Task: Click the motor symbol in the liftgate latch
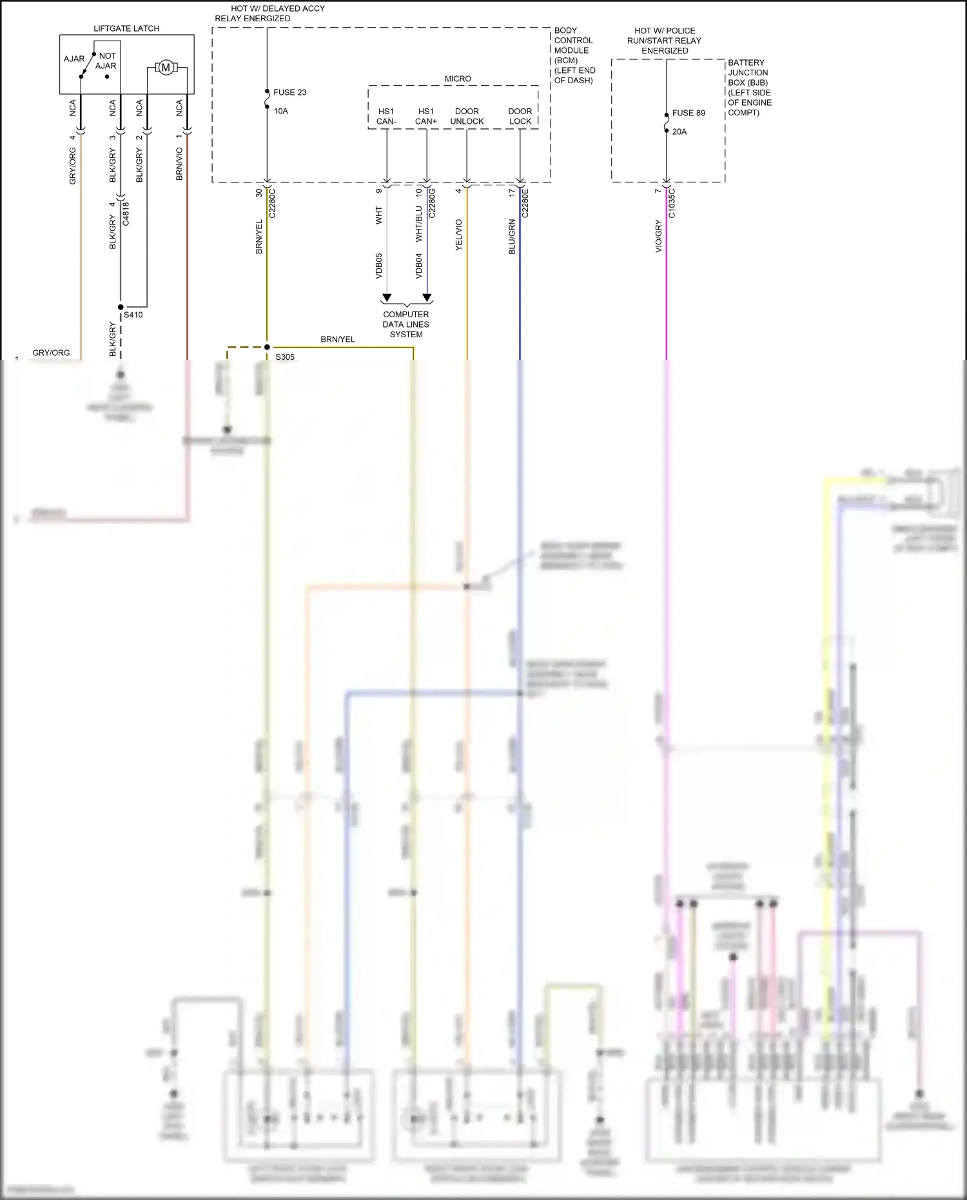[166, 68]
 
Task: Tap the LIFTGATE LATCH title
[126, 28]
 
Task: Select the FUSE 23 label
[289, 92]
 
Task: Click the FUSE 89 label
[689, 113]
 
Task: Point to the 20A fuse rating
[679, 132]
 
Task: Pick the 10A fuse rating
[280, 111]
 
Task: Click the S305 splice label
[285, 357]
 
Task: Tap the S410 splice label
[133, 315]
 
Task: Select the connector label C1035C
[672, 203]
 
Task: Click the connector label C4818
[126, 213]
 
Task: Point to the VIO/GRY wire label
[658, 236]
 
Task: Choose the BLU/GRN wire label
[512, 237]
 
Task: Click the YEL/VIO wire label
[458, 235]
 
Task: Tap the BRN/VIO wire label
[179, 164]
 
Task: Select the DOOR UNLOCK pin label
[467, 116]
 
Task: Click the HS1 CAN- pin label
[386, 116]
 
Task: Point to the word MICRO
[458, 79]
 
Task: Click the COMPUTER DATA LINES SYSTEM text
[406, 324]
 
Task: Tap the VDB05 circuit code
[378, 266]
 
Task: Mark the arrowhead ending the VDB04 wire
[427, 298]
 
